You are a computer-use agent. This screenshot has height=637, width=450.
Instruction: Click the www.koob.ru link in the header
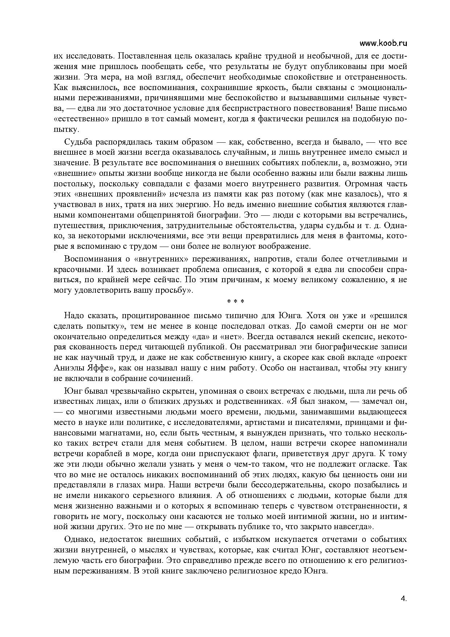click(383, 43)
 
